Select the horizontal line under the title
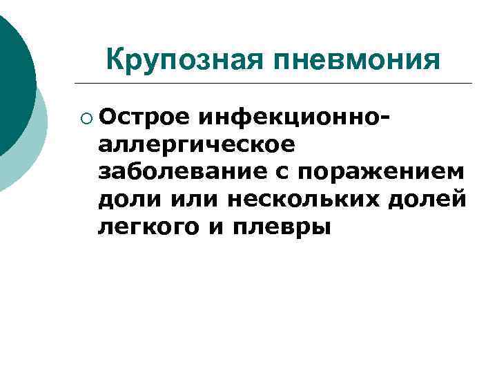tap(276, 84)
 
